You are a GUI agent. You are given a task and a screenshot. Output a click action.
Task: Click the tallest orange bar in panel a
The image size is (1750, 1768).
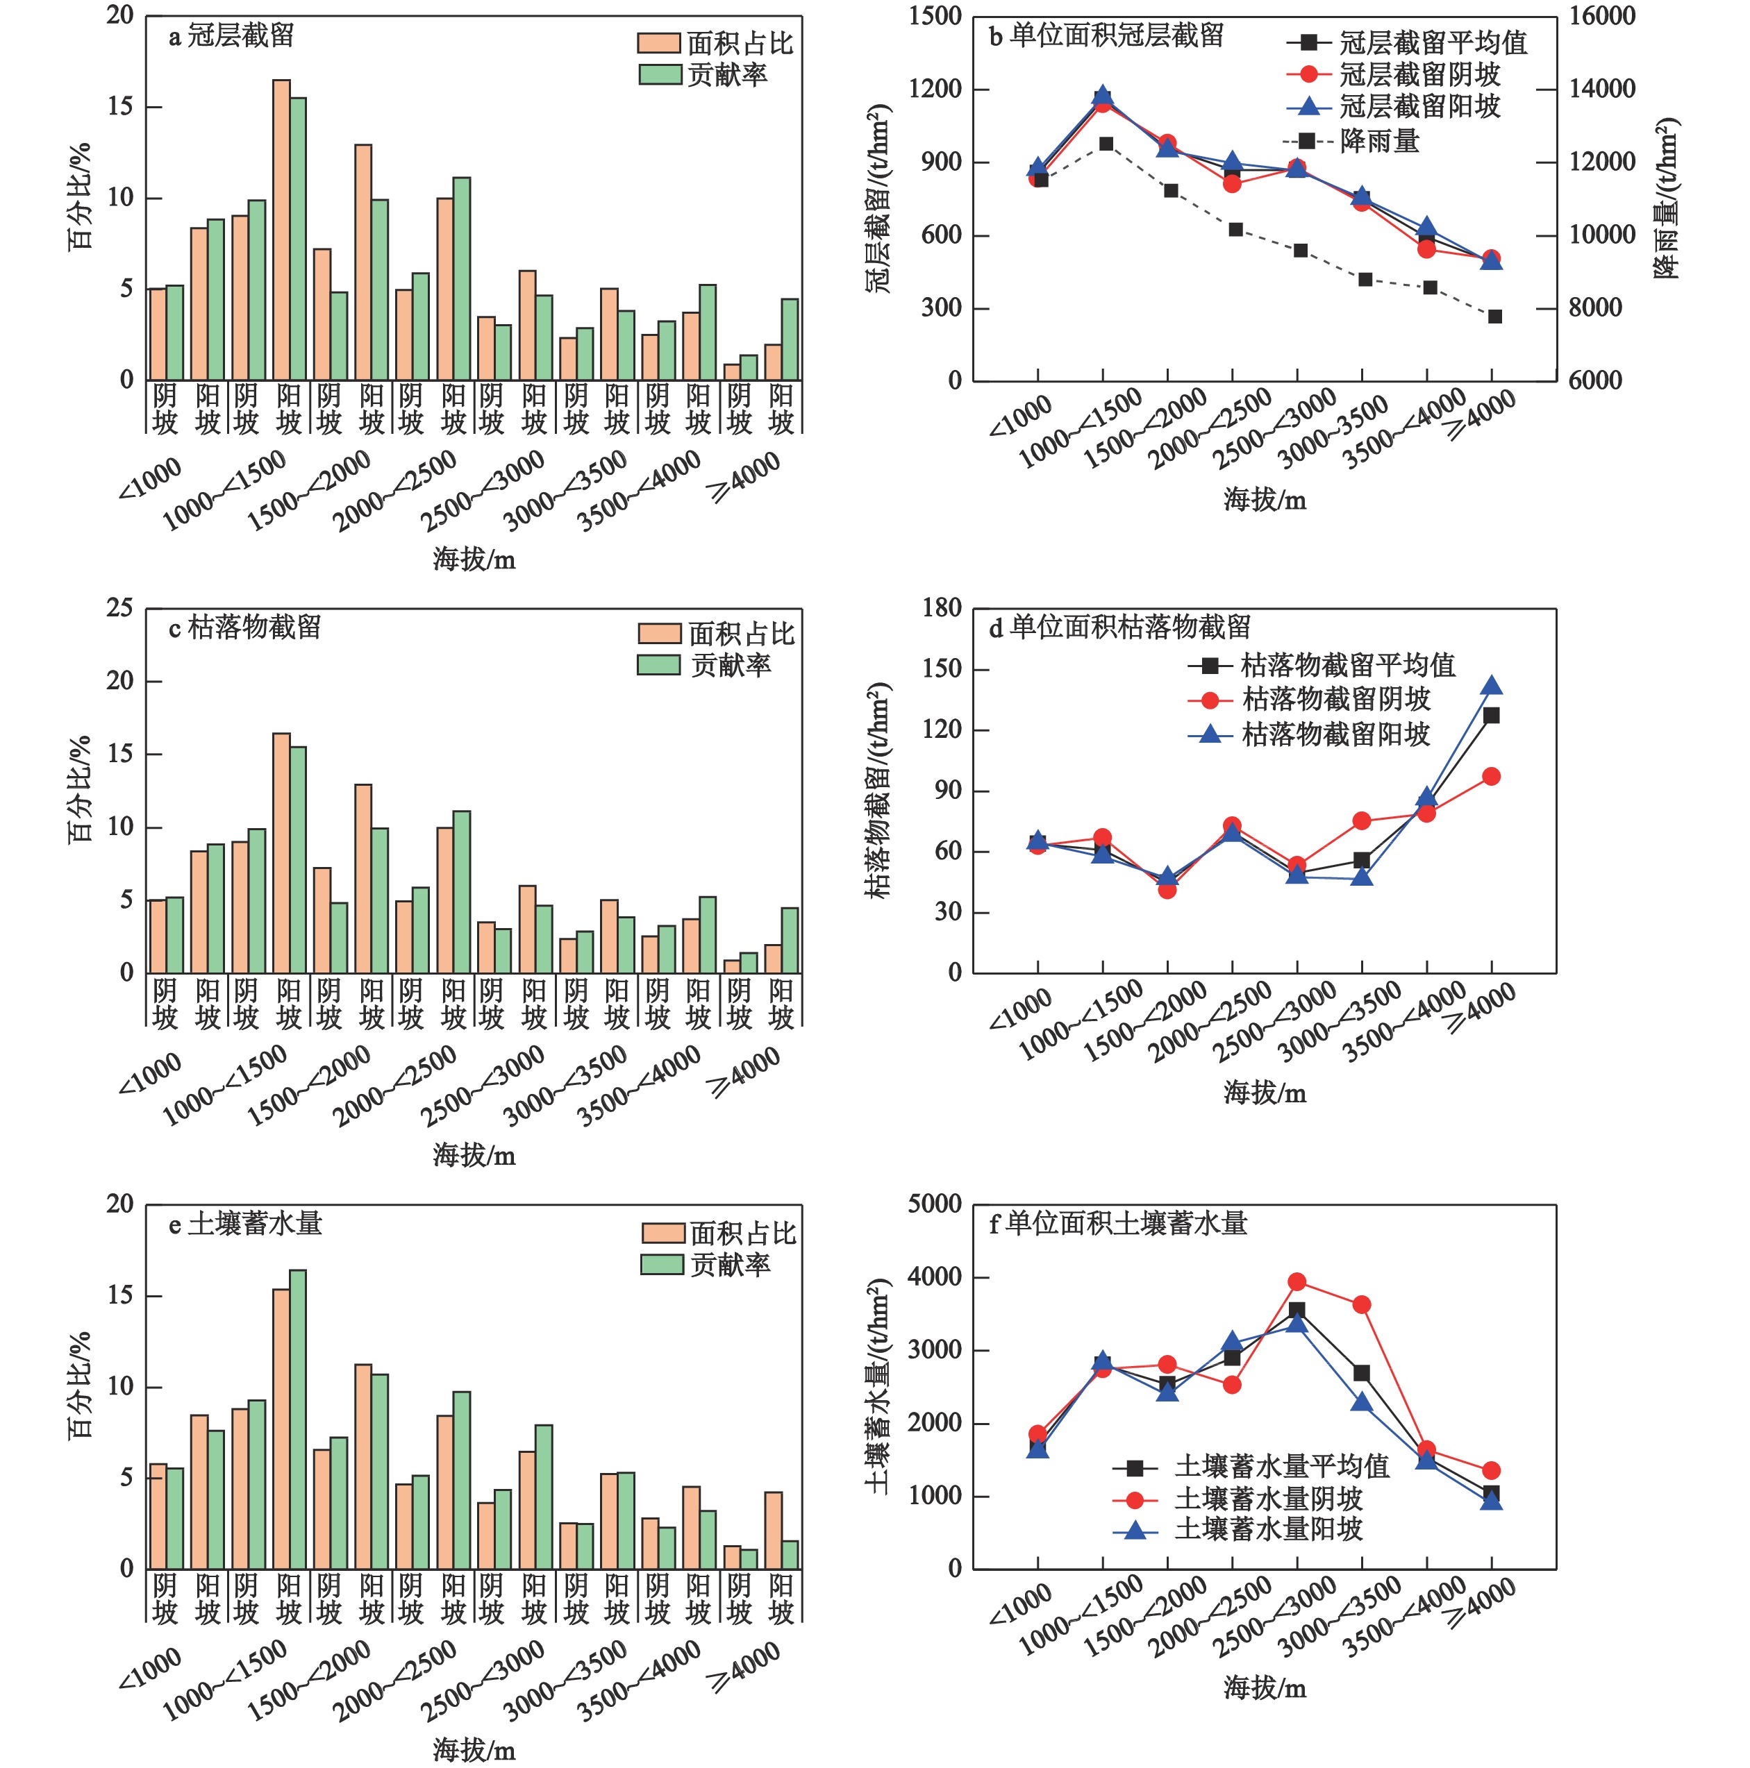[x=281, y=229]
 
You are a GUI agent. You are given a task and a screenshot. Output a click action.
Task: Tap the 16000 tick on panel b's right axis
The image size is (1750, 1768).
[x=1601, y=17]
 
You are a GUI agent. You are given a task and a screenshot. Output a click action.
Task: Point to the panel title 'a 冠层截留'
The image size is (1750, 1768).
[x=231, y=37]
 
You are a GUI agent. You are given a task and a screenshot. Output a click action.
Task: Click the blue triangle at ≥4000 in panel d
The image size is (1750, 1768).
[x=1491, y=687]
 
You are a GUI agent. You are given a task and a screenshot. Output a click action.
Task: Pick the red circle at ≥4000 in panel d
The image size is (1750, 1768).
[x=1491, y=777]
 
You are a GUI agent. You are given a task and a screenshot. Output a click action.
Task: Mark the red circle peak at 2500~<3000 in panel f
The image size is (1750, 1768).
[x=1297, y=1282]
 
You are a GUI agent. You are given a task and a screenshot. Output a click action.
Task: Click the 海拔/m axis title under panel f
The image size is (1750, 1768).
[x=1264, y=1687]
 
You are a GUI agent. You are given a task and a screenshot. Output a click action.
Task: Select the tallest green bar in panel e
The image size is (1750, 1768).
[x=297, y=1418]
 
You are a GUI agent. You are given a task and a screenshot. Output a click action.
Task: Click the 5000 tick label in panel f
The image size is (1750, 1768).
[x=935, y=1204]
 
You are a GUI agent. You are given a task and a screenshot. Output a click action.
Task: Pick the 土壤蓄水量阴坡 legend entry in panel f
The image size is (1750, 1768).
[x=1267, y=1499]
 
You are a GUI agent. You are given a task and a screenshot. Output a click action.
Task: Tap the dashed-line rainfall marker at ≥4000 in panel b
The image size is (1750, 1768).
[x=1494, y=317]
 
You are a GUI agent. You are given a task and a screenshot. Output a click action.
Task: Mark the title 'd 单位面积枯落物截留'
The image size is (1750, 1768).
[x=1119, y=628]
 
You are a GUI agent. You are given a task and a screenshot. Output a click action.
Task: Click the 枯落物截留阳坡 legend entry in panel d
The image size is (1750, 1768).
[x=1335, y=734]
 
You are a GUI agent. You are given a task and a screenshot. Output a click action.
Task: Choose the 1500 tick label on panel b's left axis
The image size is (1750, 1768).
[x=935, y=17]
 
